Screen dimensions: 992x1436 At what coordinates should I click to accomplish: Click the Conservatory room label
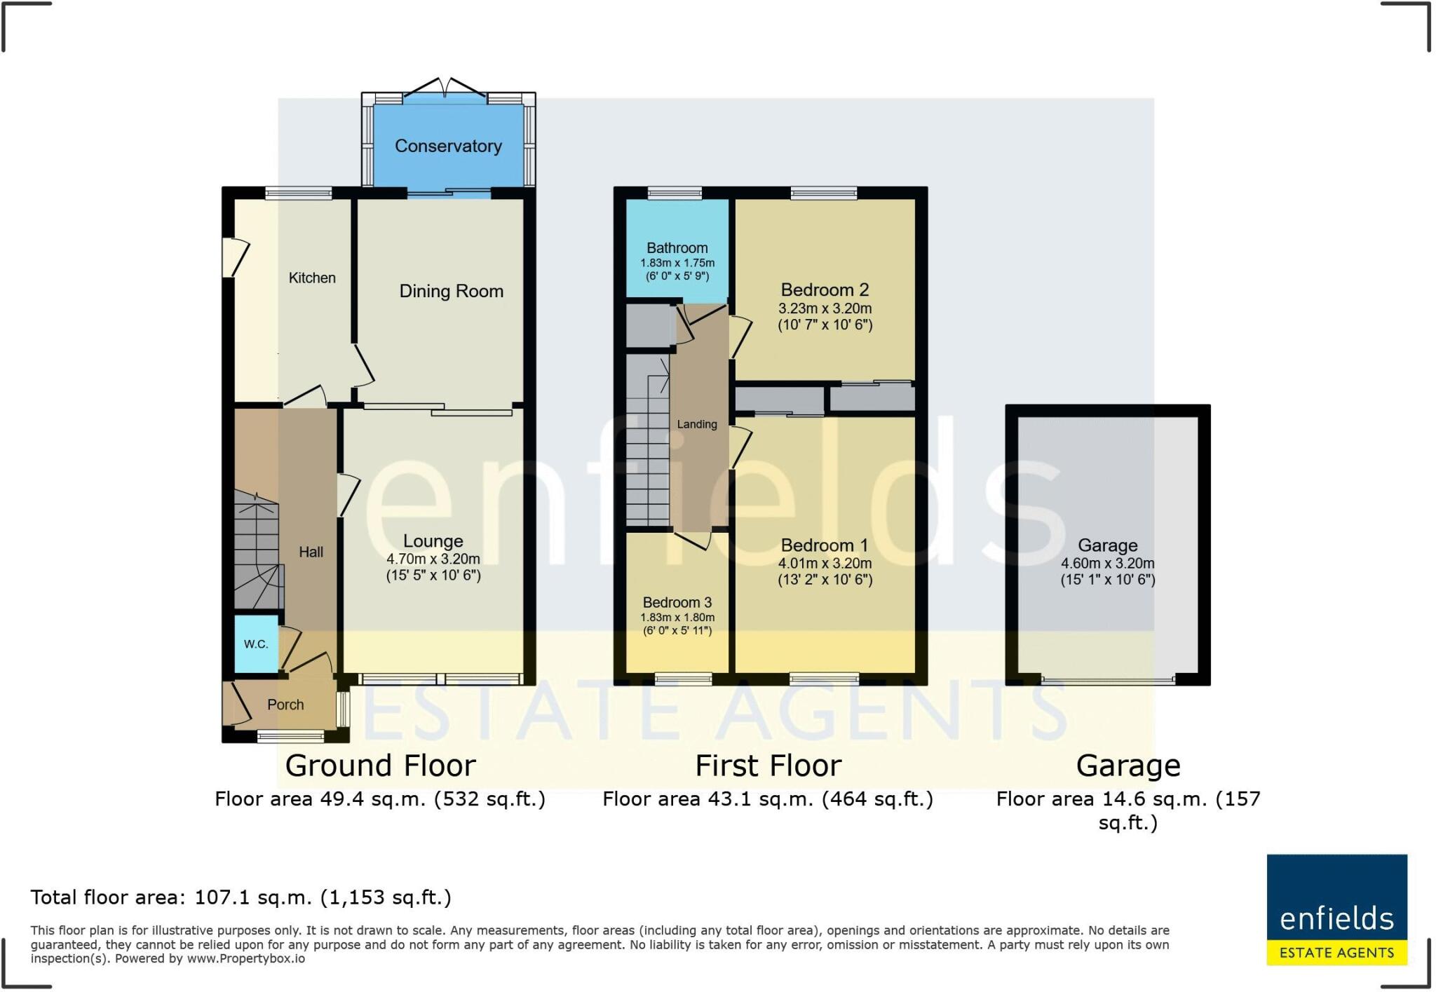(x=448, y=146)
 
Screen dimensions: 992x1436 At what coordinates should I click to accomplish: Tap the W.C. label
(x=256, y=644)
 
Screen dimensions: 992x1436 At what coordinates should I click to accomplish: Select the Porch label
(x=285, y=705)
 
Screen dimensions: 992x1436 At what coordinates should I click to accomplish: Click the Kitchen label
(x=312, y=278)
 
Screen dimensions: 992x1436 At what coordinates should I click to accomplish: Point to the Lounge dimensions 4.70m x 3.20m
(x=433, y=559)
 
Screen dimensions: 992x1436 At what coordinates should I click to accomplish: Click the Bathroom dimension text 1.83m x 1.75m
(x=677, y=263)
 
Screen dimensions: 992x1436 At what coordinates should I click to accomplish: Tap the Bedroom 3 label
(x=677, y=602)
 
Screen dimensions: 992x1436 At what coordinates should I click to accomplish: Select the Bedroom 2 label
(x=825, y=290)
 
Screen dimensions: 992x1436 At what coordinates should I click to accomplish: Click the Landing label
(x=697, y=424)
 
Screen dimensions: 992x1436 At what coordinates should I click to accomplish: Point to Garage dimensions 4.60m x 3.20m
(x=1108, y=564)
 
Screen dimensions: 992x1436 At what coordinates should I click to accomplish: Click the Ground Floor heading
(x=380, y=766)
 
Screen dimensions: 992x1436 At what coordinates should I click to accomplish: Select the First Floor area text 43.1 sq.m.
(x=768, y=799)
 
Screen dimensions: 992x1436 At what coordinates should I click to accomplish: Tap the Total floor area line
(x=241, y=897)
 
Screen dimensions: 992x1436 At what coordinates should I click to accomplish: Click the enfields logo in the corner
(x=1336, y=909)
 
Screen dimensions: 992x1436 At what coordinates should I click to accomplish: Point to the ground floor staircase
(x=257, y=550)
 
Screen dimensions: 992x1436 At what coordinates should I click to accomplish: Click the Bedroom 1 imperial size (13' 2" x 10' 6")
(x=825, y=580)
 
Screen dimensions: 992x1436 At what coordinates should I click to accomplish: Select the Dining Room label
(x=452, y=291)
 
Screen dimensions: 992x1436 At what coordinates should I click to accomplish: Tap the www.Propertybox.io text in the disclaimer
(x=245, y=958)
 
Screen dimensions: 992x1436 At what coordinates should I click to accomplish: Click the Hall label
(x=311, y=552)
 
